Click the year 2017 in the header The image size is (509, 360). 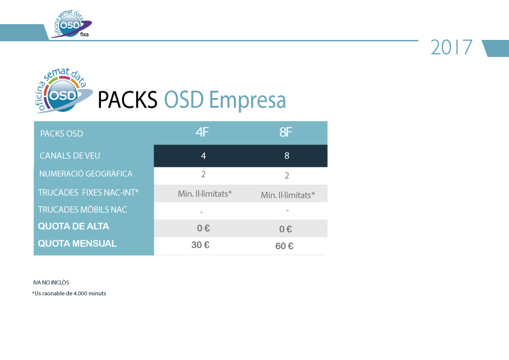click(x=451, y=47)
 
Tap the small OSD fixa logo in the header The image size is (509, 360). click(x=71, y=24)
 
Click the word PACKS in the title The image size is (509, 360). click(x=128, y=99)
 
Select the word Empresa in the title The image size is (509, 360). click(x=247, y=100)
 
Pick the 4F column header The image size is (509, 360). click(x=203, y=133)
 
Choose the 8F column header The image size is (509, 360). click(x=286, y=133)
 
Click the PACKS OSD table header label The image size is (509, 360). click(x=62, y=134)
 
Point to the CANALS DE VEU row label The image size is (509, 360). click(x=70, y=155)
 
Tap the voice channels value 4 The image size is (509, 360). click(x=204, y=155)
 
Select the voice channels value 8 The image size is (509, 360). click(x=287, y=155)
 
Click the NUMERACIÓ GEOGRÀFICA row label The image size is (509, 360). click(x=86, y=174)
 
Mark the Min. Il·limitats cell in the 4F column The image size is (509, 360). click(x=205, y=194)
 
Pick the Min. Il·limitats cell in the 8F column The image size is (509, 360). click(x=288, y=195)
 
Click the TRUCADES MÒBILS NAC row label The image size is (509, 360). click(x=82, y=209)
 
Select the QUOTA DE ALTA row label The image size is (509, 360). click(x=73, y=226)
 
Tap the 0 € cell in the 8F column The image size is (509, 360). click(x=286, y=229)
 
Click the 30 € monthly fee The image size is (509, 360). click(x=200, y=244)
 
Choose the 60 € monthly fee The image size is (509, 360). click(x=284, y=246)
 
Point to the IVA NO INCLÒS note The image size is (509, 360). click(x=51, y=283)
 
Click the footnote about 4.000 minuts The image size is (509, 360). click(x=69, y=293)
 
